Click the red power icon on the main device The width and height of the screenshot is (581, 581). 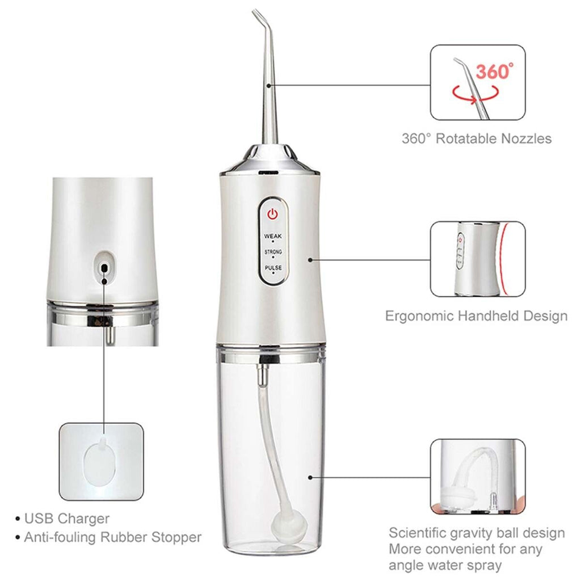(273, 214)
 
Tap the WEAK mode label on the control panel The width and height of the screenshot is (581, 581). (273, 235)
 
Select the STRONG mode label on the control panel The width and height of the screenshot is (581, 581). (273, 251)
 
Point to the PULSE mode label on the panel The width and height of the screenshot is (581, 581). (273, 267)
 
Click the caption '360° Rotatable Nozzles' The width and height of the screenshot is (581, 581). (477, 138)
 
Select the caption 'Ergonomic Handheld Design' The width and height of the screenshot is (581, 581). (476, 316)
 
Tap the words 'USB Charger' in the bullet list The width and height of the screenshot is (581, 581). (67, 519)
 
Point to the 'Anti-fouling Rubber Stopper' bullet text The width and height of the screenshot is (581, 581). (112, 537)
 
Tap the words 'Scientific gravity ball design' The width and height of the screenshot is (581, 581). (477, 533)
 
